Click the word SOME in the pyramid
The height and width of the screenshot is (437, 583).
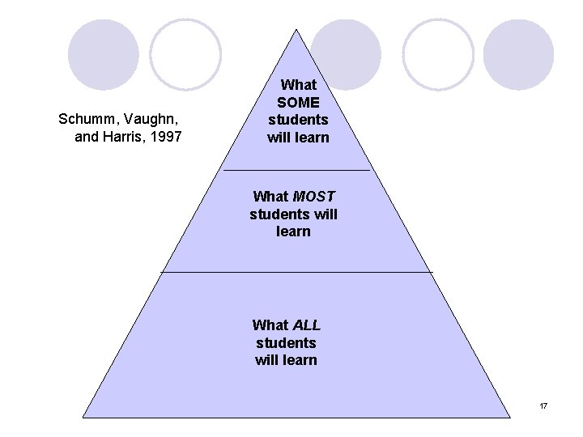coord(298,102)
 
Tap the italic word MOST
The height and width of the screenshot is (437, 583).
coord(316,197)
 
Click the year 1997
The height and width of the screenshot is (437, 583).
coord(165,137)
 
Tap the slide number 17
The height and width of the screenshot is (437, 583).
coord(543,405)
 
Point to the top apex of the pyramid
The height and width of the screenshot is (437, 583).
coord(297,31)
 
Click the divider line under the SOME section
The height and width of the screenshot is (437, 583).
coord(296,171)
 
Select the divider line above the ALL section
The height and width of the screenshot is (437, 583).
coord(296,272)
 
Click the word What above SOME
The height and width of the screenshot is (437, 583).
coord(298,84)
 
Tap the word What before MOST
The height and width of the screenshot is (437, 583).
coord(270,197)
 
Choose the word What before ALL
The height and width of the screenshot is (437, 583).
coord(270,325)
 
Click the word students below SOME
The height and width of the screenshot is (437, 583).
coord(298,120)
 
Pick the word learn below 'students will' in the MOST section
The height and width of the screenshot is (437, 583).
coord(293,232)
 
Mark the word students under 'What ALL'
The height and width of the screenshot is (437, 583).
coord(286,343)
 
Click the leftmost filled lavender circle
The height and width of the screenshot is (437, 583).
coord(104,54)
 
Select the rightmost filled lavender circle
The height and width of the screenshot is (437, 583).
coord(518,54)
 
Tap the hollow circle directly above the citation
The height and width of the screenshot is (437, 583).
coord(185,54)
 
